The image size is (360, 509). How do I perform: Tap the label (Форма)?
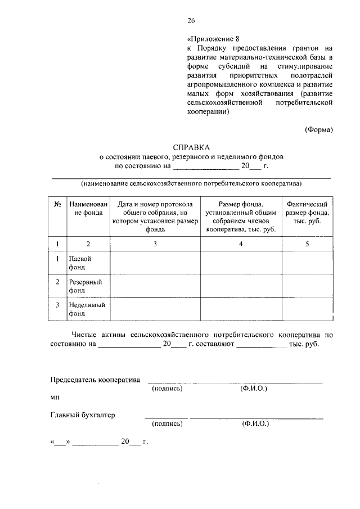(x=319, y=129)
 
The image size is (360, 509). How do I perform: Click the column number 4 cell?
(x=240, y=244)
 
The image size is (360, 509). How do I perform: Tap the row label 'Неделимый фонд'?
(x=87, y=309)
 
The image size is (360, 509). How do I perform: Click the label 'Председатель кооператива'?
(x=95, y=380)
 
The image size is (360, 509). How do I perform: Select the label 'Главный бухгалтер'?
(x=83, y=415)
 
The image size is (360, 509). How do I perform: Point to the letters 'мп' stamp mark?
(x=55, y=397)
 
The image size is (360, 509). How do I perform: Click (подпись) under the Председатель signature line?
(x=167, y=389)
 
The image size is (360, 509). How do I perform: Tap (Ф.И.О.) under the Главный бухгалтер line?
(x=255, y=424)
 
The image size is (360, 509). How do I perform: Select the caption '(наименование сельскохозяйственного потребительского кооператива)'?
(x=191, y=183)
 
